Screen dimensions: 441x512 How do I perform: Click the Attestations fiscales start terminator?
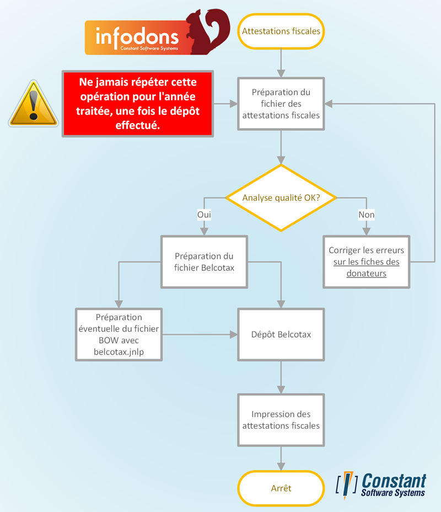281,31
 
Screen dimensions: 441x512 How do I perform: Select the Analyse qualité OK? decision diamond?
281,198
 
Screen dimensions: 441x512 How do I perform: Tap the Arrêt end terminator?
281,488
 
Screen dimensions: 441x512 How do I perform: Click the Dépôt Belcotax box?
281,334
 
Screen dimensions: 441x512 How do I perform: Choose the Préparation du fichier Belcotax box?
204,262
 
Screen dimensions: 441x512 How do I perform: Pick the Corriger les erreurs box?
366,262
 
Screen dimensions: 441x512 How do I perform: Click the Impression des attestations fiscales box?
281,420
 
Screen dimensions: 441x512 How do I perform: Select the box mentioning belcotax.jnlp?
119,334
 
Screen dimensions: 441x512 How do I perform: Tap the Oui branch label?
204,215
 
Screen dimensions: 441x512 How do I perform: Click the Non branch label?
366,215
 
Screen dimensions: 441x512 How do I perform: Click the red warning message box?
138,104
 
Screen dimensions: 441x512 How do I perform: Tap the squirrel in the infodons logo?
208,31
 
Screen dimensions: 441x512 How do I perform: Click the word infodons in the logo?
137,37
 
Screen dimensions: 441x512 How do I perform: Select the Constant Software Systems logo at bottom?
381,485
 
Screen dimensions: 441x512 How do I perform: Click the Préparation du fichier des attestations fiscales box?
281,104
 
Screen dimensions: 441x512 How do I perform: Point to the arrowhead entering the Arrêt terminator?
281,467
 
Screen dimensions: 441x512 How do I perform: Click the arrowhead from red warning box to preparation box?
234,104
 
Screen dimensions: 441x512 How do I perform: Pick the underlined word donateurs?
366,273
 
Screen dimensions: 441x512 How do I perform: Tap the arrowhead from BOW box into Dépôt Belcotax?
234,334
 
